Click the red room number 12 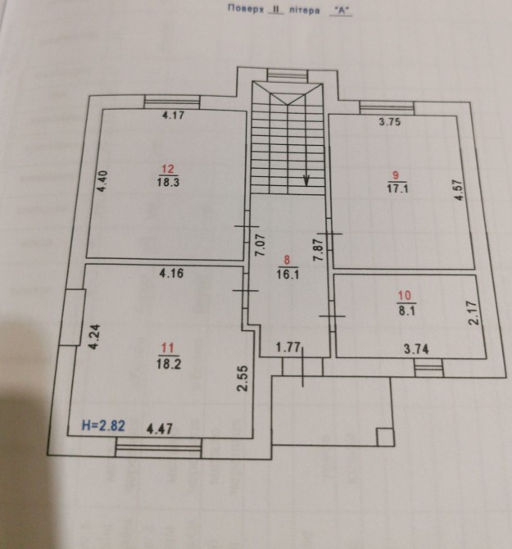coord(168,169)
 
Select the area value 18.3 coord(168,183)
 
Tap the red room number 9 coord(396,175)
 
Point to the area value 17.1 coord(398,188)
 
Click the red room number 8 coord(287,260)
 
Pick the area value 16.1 coord(288,274)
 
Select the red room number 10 coord(405,296)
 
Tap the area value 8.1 coord(407,311)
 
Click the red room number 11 coord(168,348)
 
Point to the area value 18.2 coord(169,364)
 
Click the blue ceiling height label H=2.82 coord(103,426)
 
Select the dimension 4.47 coord(160,429)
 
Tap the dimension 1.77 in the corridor coord(288,347)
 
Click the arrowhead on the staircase coord(306,180)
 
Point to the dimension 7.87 coord(318,250)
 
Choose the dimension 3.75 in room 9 coord(390,122)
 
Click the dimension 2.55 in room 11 coord(242,379)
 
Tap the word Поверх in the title coord(246,9)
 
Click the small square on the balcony coord(384,436)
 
